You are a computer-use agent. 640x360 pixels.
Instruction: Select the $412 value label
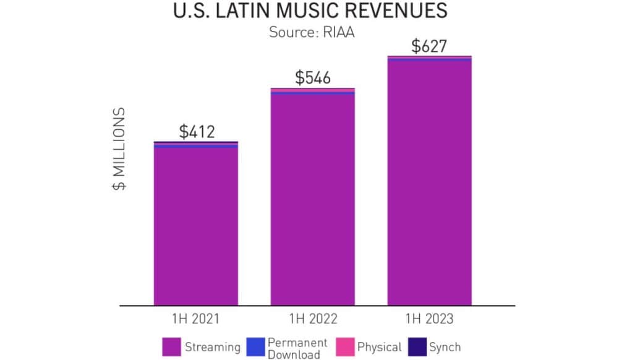(x=196, y=131)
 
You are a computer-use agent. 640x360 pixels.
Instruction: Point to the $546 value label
(x=313, y=78)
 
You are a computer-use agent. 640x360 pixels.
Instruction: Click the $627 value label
(x=429, y=46)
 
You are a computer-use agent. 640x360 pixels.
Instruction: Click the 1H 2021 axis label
(x=196, y=319)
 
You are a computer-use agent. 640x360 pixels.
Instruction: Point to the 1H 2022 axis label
(x=313, y=319)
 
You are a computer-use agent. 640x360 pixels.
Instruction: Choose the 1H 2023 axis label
(x=429, y=319)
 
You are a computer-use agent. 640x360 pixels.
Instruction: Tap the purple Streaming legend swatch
(x=171, y=346)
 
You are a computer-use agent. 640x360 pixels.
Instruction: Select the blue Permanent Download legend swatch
(x=255, y=346)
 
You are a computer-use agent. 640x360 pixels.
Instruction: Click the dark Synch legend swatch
(x=418, y=346)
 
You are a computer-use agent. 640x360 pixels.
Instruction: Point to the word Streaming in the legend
(x=213, y=347)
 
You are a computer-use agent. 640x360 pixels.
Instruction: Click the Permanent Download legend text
(x=297, y=348)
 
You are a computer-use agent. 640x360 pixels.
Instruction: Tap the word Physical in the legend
(x=379, y=347)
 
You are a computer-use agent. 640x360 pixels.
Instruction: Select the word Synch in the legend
(x=445, y=347)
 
